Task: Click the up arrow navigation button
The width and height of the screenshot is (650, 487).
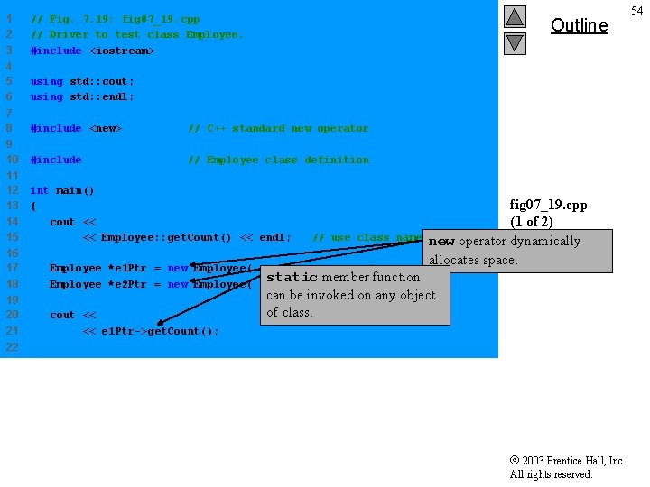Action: (x=515, y=16)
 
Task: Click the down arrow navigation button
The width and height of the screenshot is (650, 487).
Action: (x=515, y=42)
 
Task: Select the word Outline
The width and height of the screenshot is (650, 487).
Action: (x=579, y=25)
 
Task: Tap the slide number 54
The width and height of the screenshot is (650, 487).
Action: (x=637, y=10)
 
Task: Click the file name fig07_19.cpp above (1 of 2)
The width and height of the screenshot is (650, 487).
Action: (x=544, y=206)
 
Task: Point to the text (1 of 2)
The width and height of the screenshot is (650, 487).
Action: (x=544, y=222)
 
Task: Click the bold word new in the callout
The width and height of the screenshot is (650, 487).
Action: (x=441, y=242)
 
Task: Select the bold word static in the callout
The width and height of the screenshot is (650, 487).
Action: (x=292, y=278)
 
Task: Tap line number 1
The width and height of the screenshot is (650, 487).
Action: (x=9, y=19)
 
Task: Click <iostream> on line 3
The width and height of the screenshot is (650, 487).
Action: (x=122, y=51)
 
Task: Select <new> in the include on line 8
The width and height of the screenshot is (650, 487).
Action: (x=106, y=129)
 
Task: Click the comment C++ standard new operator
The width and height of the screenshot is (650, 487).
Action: (x=278, y=129)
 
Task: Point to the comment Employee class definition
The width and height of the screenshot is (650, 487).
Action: (x=278, y=161)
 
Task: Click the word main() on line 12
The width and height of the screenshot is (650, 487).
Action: (x=75, y=191)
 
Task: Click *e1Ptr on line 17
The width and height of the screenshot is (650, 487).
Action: (x=127, y=269)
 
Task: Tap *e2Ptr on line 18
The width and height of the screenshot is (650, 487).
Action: (x=127, y=285)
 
